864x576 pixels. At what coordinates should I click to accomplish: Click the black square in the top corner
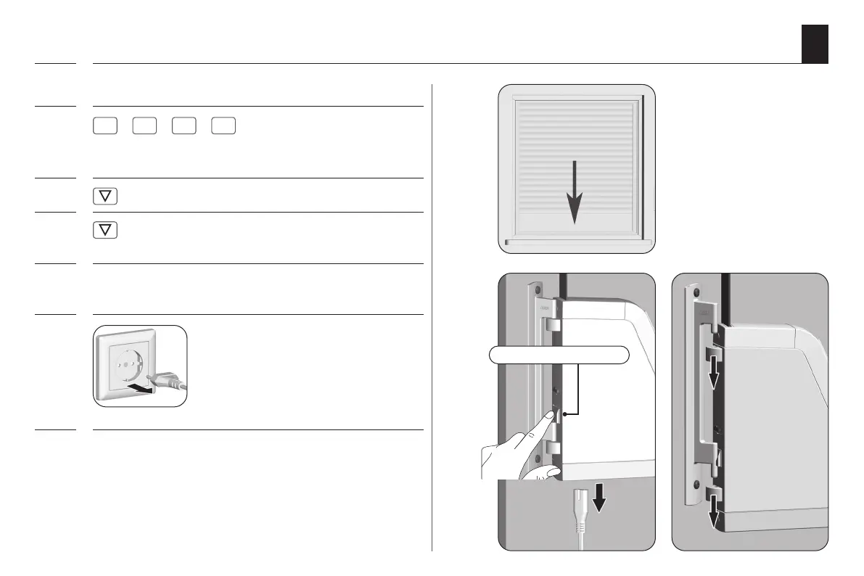pyautogui.click(x=815, y=44)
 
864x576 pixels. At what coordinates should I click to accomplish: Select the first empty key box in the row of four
pyautogui.click(x=105, y=126)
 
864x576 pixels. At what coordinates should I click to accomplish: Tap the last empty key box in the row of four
pyautogui.click(x=223, y=126)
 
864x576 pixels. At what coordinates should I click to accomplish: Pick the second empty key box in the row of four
pyautogui.click(x=144, y=126)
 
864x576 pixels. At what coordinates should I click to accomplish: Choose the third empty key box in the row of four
pyautogui.click(x=184, y=126)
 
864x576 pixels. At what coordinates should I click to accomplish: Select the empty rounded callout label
pyautogui.click(x=559, y=355)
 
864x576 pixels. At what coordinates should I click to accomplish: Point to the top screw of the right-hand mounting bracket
pyautogui.click(x=696, y=294)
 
